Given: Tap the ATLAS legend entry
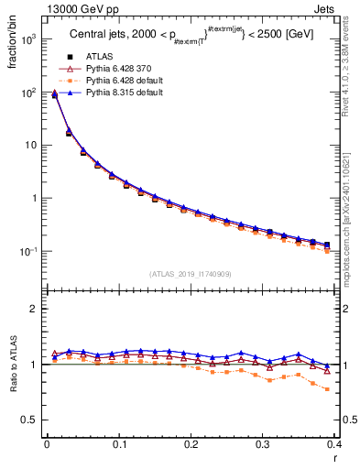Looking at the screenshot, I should pyautogui.click(x=98, y=56).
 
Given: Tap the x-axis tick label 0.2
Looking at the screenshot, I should pyautogui.click(x=191, y=443).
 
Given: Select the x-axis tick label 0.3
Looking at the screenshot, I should pyautogui.click(x=263, y=443).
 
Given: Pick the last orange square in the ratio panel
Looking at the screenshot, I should pyautogui.click(x=327, y=387).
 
